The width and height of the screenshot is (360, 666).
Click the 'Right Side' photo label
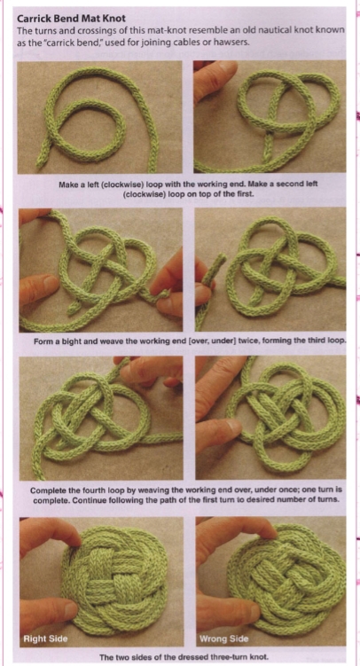pos(45,638)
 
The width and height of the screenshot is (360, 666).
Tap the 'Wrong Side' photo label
pos(224,639)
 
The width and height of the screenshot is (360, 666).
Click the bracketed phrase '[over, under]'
pos(226,341)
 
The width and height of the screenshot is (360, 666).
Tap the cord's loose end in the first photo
pos(41,161)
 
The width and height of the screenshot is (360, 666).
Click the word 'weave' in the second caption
pos(120,341)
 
